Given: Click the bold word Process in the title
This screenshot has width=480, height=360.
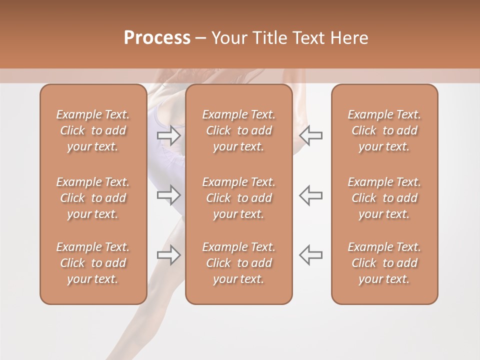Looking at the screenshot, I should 157,37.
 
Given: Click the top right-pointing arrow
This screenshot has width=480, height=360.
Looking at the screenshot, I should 169,135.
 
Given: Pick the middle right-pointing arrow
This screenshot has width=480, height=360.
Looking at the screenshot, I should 169,195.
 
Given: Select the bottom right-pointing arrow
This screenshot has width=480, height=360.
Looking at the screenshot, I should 169,254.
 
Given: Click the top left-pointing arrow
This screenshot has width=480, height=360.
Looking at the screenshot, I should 310,135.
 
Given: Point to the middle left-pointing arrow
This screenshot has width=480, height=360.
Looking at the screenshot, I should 310,195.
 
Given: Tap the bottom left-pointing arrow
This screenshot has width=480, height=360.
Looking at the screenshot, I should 310,254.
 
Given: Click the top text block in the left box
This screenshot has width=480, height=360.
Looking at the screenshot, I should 93,130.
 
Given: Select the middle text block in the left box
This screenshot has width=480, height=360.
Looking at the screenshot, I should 93,198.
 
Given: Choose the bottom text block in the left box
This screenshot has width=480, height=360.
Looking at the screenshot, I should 93,263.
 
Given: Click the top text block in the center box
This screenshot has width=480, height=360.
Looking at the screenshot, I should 238,130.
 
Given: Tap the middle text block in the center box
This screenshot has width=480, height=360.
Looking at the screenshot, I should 238,198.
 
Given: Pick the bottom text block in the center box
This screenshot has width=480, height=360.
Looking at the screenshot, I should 238,263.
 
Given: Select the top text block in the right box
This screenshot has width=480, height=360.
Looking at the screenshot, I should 384,130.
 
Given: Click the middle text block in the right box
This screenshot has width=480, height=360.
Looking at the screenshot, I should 384,198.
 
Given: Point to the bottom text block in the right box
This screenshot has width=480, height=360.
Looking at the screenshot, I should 384,263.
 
